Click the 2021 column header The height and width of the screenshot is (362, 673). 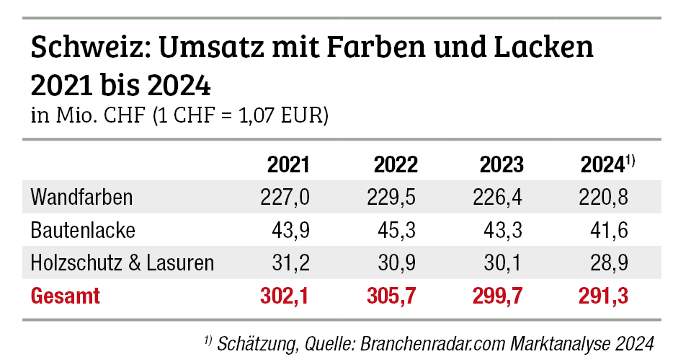289,165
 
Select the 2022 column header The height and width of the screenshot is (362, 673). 396,165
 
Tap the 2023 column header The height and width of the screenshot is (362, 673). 502,165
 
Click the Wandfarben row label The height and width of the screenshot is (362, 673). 82,196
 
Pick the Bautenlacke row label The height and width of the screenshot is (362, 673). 83,230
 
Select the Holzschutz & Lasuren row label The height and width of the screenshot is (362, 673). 122,263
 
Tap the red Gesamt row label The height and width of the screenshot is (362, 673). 66,296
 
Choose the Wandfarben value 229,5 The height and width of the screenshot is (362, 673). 393,196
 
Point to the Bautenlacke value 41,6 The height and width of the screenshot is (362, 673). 610,230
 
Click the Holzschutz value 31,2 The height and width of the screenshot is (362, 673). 291,263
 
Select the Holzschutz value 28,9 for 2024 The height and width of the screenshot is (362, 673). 610,263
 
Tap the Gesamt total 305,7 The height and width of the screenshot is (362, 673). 392,296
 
